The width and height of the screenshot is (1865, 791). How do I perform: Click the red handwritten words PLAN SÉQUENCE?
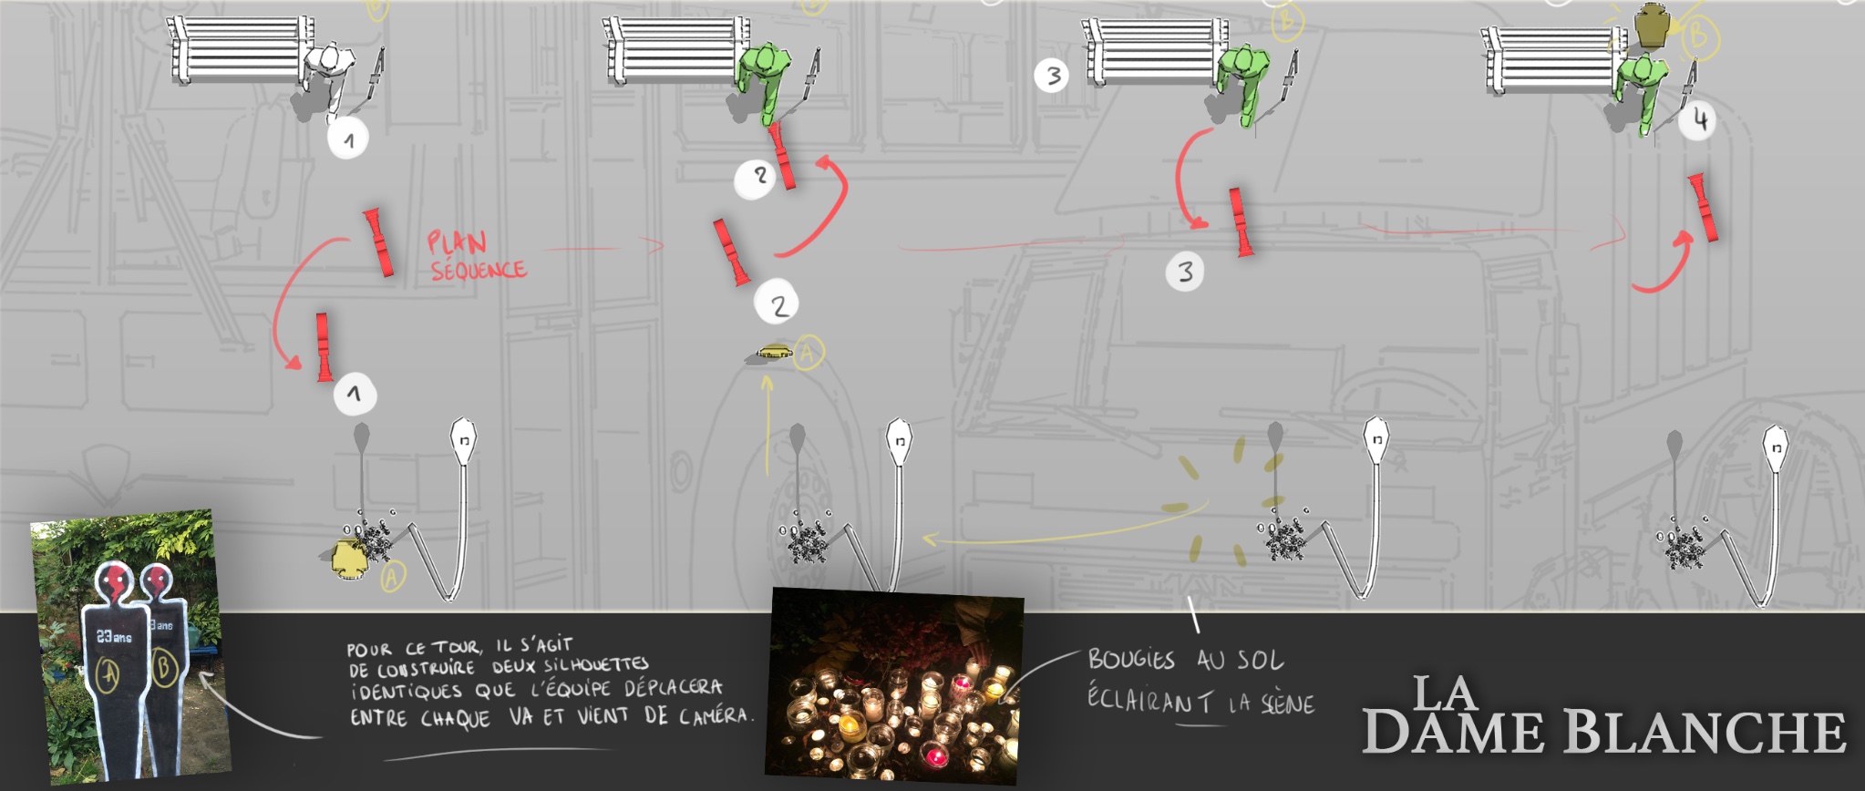tap(477, 256)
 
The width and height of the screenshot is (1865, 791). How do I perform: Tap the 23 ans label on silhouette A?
tap(114, 637)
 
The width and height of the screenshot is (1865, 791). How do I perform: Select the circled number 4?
tap(1699, 119)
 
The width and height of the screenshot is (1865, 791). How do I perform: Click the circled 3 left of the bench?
tap(1053, 75)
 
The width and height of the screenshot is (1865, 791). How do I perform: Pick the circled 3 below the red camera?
tap(1185, 272)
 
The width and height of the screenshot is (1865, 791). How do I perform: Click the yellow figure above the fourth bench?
tap(1650, 26)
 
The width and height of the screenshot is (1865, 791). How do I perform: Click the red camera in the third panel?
tap(1240, 221)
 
